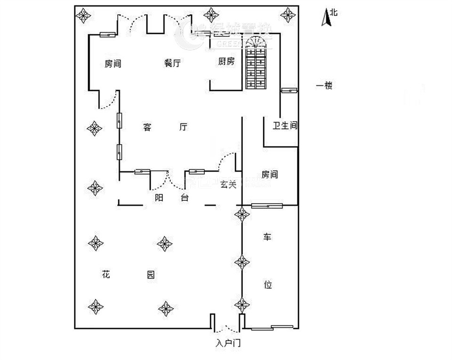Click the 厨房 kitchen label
(226, 61)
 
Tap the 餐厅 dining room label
(173, 63)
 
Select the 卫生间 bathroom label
(285, 126)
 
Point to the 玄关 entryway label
(228, 185)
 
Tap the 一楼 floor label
(324, 86)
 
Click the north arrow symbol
(325, 18)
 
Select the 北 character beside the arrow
(333, 13)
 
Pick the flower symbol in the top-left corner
(84, 15)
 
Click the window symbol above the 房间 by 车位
(266, 205)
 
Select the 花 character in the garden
(105, 274)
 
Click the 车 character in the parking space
(267, 237)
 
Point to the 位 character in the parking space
(267, 285)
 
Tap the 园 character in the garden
(150, 275)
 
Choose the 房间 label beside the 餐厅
(113, 63)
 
